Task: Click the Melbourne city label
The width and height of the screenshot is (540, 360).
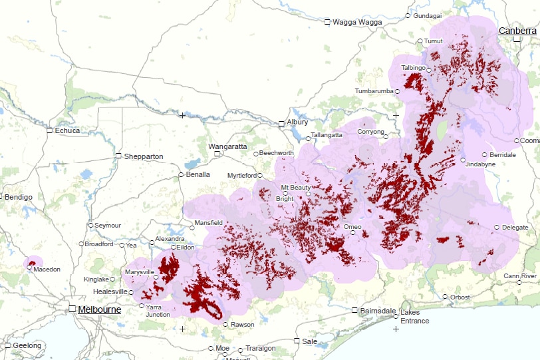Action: (99, 309)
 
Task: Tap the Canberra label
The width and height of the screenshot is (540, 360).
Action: (517, 31)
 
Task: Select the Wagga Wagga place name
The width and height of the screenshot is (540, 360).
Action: (357, 22)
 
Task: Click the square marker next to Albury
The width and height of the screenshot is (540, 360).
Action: (281, 123)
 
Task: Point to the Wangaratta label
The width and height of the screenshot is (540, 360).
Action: (227, 146)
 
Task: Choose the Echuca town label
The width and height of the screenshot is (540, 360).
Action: (67, 130)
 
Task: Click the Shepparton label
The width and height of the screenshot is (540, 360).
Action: (144, 156)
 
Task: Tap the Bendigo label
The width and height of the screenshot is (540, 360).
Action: (19, 198)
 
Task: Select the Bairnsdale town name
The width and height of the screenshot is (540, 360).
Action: (378, 311)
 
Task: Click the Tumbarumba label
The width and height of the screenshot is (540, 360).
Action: (374, 90)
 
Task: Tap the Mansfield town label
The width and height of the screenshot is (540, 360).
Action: (208, 223)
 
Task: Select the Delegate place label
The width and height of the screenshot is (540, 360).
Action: (515, 228)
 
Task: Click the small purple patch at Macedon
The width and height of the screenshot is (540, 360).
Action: (33, 263)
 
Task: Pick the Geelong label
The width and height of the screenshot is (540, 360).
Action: (27, 345)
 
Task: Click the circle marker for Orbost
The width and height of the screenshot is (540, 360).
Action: (445, 297)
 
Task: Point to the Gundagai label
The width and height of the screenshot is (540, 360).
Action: (427, 15)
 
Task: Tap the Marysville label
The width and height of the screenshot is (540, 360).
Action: (140, 272)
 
